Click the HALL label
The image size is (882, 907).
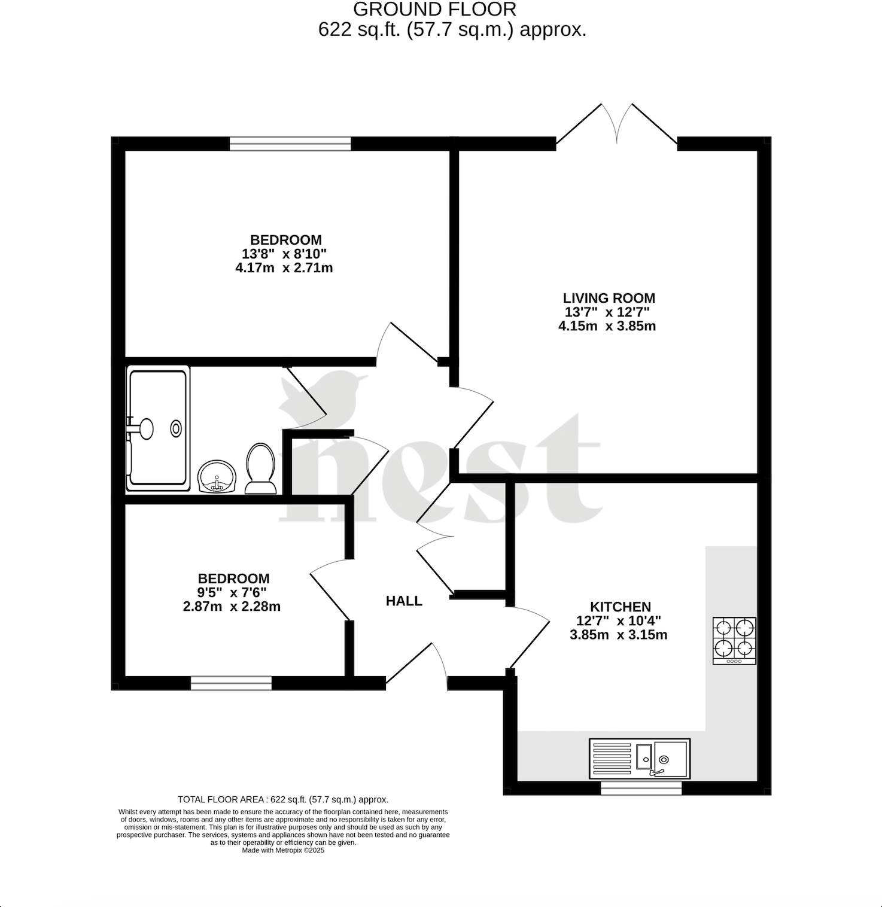[x=404, y=601]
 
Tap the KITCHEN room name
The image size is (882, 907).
[x=620, y=607]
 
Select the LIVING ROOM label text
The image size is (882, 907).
[x=609, y=298]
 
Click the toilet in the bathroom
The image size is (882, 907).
[x=260, y=468]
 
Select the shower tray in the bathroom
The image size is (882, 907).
[x=158, y=428]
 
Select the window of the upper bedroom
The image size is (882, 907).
[x=290, y=144]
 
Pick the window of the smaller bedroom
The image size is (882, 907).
[x=231, y=683]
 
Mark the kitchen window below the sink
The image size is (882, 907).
[x=641, y=789]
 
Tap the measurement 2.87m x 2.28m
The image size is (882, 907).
[x=232, y=607]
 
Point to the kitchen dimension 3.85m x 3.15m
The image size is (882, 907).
[x=618, y=635]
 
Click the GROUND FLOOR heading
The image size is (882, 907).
[x=435, y=10]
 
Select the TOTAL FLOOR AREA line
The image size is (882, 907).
[x=283, y=799]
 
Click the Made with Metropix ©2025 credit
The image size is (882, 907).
[x=283, y=850]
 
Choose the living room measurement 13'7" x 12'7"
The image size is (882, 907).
[x=607, y=312]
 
